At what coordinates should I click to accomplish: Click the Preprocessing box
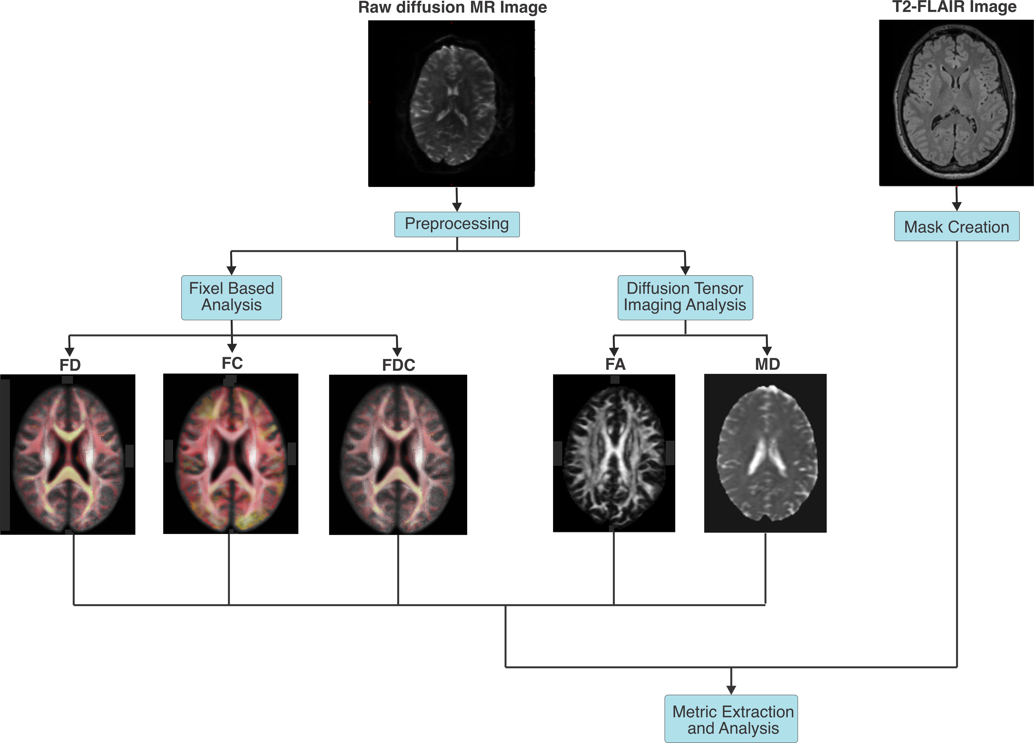point(457,224)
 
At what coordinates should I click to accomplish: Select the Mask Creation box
point(956,226)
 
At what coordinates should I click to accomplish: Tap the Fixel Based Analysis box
point(232,297)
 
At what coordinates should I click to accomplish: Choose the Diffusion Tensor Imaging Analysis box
point(685,297)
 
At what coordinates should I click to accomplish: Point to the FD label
point(70,365)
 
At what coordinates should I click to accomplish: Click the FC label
point(232,363)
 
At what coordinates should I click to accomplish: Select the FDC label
point(399,365)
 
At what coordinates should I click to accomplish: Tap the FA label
point(615,364)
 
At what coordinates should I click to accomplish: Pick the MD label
point(767,364)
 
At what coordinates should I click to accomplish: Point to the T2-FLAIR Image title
point(954,7)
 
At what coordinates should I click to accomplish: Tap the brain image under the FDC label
point(398,455)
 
